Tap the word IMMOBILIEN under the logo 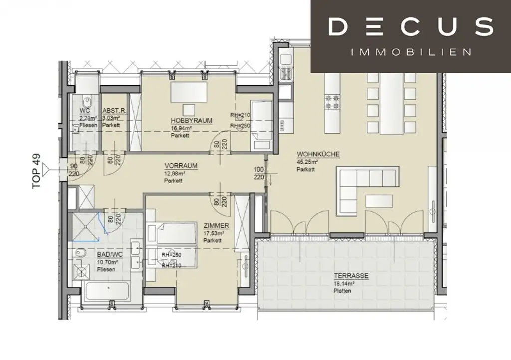pos(411,52)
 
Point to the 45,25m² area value pos(308,162)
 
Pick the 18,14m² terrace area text pos(343,283)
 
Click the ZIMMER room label pos(216,226)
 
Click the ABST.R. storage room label pos(113,111)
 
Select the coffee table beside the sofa pos(379,201)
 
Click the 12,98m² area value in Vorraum pos(175,174)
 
